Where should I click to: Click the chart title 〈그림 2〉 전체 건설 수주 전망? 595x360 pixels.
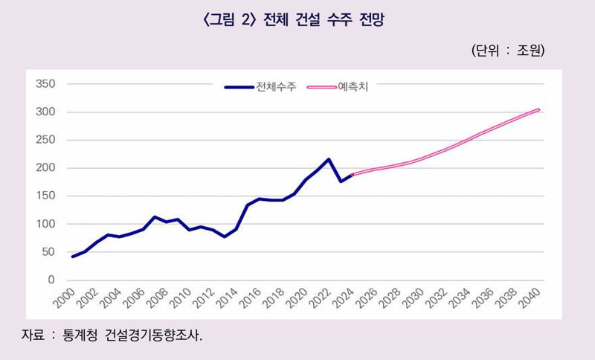click(297, 21)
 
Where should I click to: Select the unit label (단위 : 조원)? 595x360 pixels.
click(508, 51)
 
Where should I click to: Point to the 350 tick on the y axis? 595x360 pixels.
click(46, 84)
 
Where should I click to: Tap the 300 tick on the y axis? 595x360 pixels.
click(46, 112)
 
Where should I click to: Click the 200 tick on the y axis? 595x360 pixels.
click(46, 168)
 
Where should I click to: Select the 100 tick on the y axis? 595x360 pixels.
click(46, 224)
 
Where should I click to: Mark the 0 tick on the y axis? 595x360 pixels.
click(51, 280)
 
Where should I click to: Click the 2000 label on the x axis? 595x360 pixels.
click(63, 299)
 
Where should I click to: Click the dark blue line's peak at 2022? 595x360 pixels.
click(329, 159)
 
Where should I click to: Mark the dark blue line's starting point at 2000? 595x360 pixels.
click(73, 257)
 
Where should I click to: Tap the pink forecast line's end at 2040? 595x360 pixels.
click(538, 110)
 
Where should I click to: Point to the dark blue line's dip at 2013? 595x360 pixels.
click(225, 237)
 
